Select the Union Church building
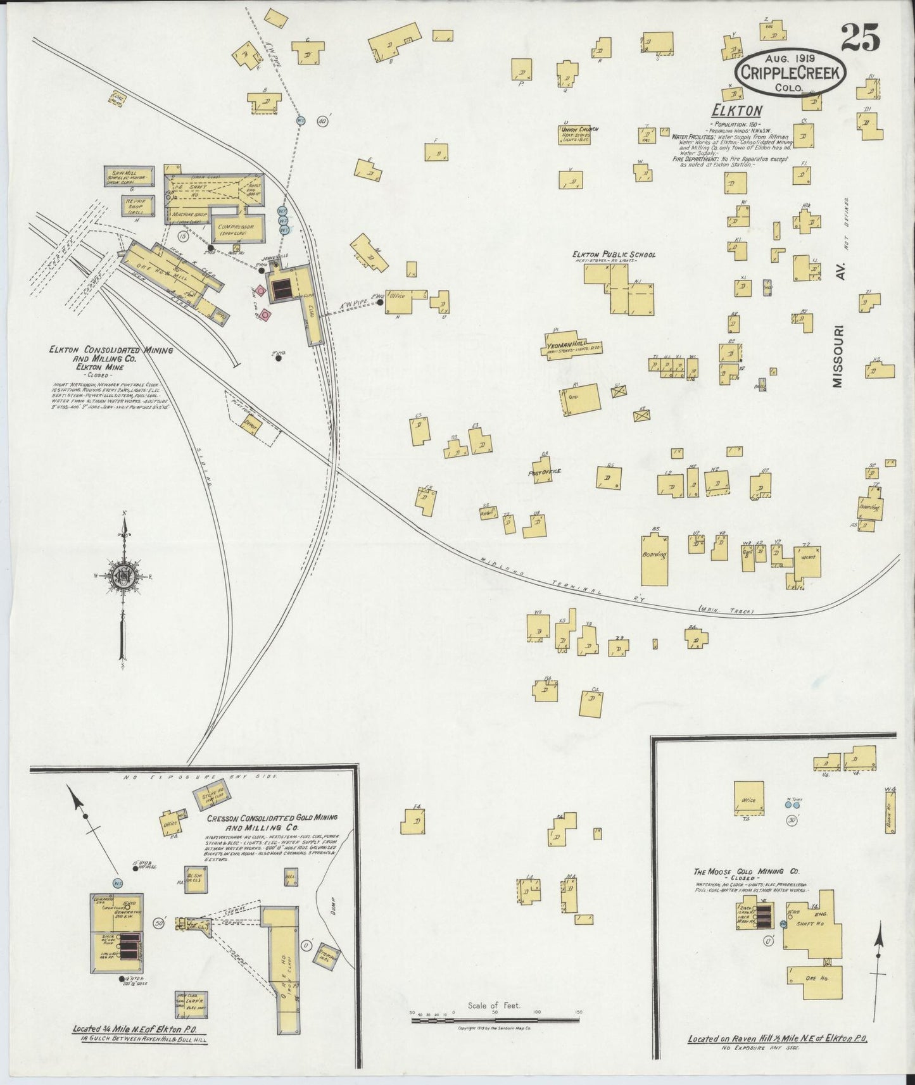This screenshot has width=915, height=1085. click(575, 134)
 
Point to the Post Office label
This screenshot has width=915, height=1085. click(545, 472)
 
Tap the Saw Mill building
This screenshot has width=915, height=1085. click(129, 177)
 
